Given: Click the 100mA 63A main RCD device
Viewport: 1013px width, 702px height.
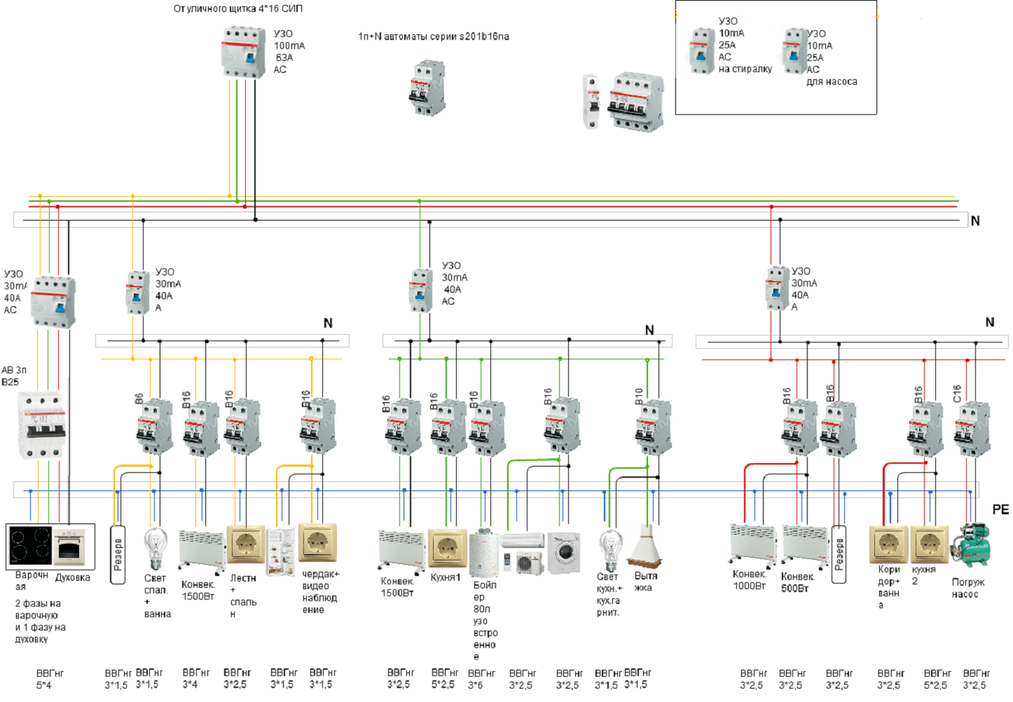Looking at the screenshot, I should coord(243,52).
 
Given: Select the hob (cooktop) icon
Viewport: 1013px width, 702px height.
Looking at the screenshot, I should coord(30,546).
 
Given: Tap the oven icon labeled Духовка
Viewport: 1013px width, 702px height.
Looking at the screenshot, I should coord(71,547).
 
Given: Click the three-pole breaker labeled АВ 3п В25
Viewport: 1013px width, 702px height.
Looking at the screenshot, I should coord(42,425).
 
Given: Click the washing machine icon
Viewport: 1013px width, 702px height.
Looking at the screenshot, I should coord(564,553).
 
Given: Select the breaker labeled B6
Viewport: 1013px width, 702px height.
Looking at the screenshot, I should coord(154,426).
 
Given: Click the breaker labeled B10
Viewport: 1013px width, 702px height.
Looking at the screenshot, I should coord(654,426).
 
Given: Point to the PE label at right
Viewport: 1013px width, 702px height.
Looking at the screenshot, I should coord(1000,509).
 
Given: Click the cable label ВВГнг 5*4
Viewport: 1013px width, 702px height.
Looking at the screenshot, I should coord(44,679).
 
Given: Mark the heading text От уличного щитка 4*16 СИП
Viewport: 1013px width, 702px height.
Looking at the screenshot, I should coord(238,8).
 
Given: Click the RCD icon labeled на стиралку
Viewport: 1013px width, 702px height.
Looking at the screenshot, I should coord(701,50).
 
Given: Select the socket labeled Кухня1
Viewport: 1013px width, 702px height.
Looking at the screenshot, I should coord(447,547).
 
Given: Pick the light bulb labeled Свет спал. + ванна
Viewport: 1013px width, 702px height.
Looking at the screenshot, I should coord(155,549).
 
